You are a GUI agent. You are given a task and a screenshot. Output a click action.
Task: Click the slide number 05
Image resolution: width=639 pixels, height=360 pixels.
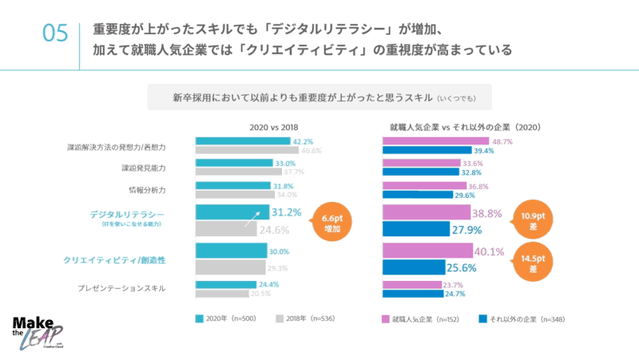(54, 34)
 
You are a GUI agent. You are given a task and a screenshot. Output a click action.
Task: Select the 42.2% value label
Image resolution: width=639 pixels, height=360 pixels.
(303, 141)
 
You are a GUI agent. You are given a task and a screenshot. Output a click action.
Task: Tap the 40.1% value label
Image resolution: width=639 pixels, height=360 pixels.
(490, 252)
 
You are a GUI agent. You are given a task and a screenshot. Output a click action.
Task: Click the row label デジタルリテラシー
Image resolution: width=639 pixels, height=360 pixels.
(127, 216)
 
